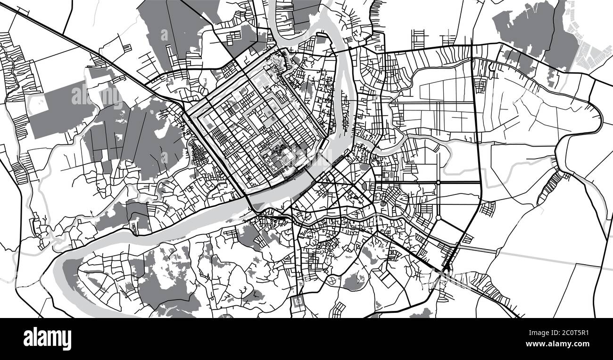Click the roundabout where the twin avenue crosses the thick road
pos(438,182)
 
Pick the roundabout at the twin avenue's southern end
pos(438,218)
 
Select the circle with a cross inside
pos(331,281)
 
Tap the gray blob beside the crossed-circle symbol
pos(351,283)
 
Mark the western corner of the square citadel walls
pos(186,116)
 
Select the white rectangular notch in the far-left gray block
pos(38,102)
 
